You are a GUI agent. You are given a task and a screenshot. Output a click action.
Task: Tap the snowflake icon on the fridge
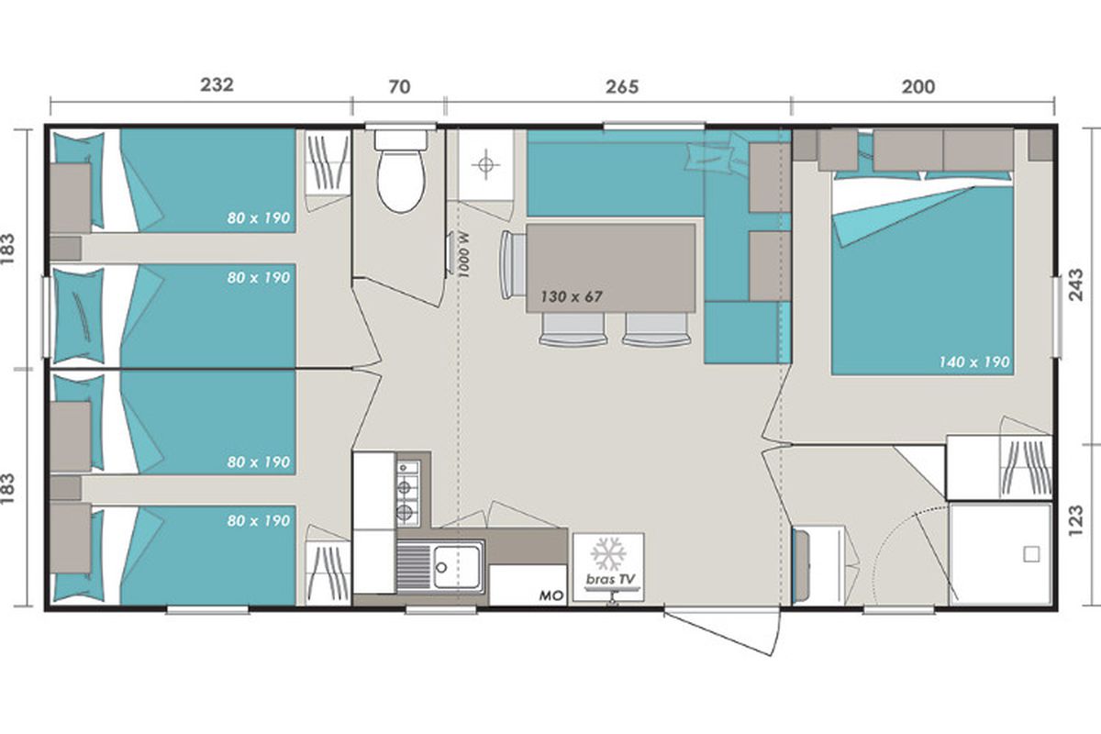608,554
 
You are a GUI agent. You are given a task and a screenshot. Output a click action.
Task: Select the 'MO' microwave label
551,595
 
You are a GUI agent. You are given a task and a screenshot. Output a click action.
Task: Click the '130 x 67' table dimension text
571,296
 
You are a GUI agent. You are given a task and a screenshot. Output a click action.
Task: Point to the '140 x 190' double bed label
973,362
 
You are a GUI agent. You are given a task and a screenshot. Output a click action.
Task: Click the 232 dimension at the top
217,84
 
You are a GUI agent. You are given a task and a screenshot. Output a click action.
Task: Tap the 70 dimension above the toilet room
399,87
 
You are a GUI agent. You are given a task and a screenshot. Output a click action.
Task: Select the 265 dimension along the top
622,87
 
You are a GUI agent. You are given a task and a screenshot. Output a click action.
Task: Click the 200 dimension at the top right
918,87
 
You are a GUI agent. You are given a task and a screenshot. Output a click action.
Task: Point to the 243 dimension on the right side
1075,284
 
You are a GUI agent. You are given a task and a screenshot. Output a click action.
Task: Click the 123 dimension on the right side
1075,520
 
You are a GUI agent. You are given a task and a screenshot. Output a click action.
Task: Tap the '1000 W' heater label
463,256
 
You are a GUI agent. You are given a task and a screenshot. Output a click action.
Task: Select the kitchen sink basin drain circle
441,568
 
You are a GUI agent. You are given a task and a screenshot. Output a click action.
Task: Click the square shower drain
1031,554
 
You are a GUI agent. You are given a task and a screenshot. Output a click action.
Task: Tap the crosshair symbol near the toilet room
485,165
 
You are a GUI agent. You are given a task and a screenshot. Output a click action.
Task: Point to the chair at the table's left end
513,264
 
